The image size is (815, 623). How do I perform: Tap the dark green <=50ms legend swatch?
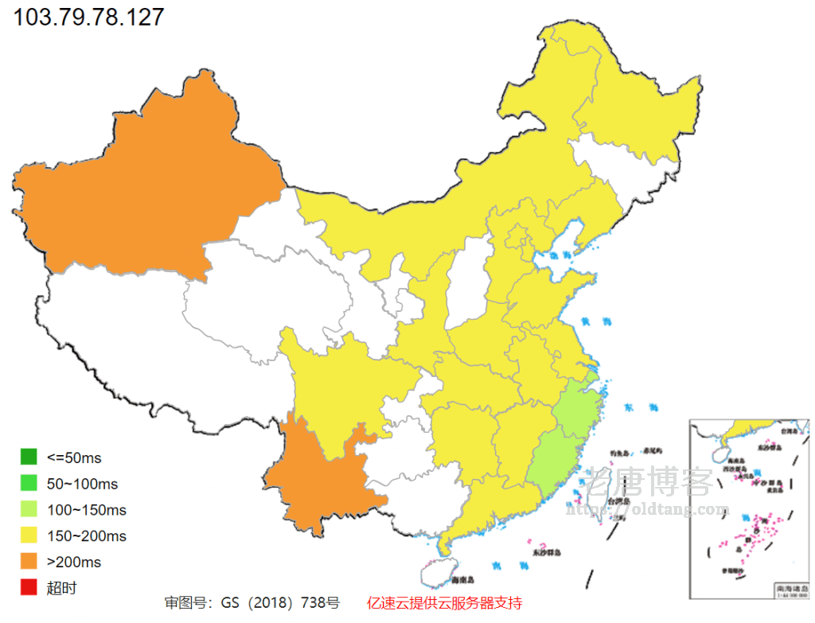click(x=29, y=457)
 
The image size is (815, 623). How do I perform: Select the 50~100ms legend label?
click(x=82, y=484)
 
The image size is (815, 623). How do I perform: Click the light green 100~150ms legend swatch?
click(x=29, y=509)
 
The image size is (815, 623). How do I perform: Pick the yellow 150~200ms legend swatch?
click(x=29, y=535)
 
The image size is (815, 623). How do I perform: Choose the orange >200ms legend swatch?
click(x=29, y=562)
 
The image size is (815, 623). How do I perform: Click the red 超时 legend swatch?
click(x=29, y=588)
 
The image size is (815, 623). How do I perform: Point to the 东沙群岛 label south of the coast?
click(x=546, y=551)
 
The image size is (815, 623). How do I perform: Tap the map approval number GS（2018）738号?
click(x=252, y=603)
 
